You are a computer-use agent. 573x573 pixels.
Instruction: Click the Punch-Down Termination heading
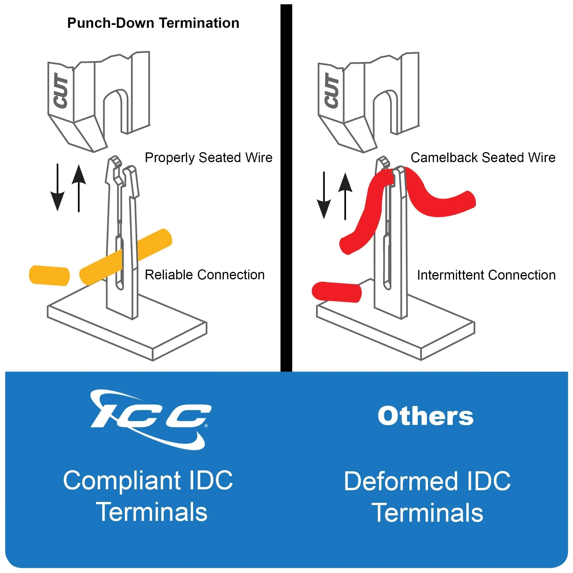tap(153, 23)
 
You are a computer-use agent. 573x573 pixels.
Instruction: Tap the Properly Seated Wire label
tap(209, 158)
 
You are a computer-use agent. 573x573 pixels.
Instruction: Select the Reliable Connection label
tap(205, 275)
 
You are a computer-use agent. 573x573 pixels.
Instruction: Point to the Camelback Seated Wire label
tap(483, 158)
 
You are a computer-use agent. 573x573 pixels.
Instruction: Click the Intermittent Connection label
tap(486, 275)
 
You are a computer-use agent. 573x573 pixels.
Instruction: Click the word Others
tap(426, 416)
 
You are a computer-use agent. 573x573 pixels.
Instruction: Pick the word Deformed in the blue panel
tap(401, 481)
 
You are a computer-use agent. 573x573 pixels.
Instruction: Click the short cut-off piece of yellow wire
tap(49, 276)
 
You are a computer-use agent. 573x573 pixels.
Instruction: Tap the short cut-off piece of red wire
tap(337, 292)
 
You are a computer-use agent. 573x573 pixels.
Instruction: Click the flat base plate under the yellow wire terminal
tap(127, 329)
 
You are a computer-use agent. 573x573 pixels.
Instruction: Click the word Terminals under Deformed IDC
tap(427, 513)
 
